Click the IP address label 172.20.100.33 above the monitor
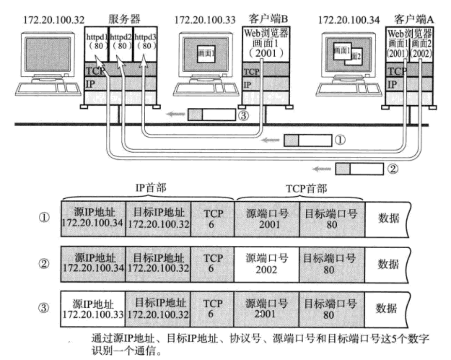point(203,20)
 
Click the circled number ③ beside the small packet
point(242,115)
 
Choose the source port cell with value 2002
point(267,263)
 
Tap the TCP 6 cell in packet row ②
point(213,263)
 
